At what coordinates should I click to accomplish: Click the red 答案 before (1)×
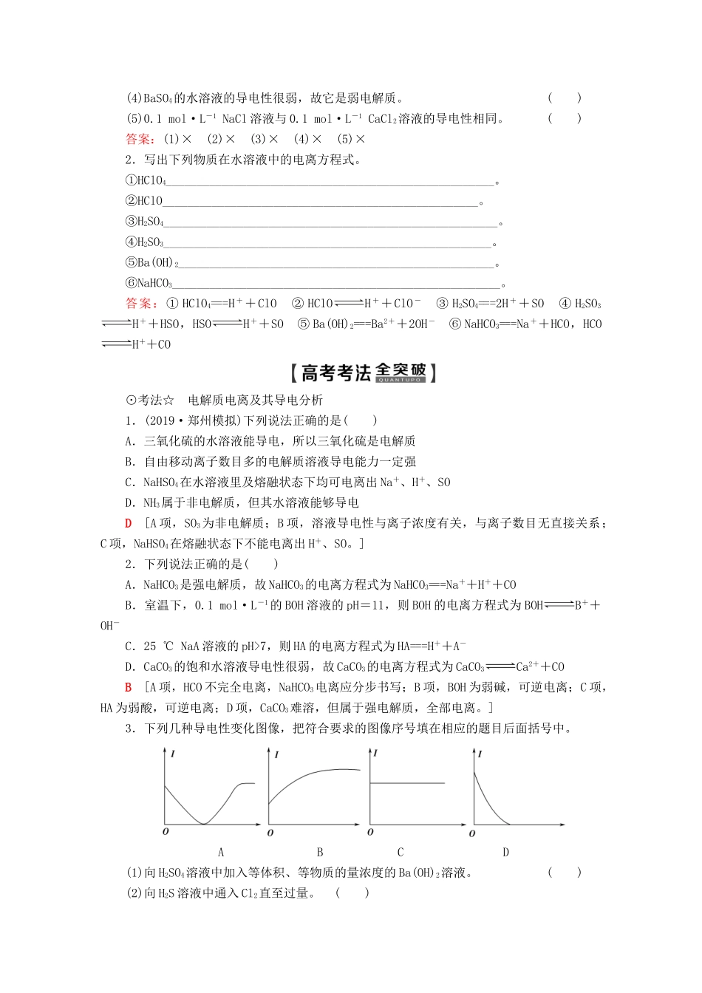pos(138,139)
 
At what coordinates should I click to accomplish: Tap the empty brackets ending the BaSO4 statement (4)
pos(565,98)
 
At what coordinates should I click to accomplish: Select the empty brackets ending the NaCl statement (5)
pos(565,118)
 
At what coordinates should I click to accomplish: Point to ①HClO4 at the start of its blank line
pos(146,180)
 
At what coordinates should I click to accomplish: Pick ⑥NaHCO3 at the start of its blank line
pos(149,283)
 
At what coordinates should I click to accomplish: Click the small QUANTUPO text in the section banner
pos(400,380)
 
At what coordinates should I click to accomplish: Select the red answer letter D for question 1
pos(129,523)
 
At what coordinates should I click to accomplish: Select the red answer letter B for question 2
pos(129,687)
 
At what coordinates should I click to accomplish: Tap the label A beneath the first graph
pos(221,852)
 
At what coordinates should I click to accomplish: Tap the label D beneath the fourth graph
pos(505,852)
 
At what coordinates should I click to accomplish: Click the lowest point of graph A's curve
pos(205,824)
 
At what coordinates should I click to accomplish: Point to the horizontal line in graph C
pos(406,782)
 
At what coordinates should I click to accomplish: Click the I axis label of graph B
pos(276,754)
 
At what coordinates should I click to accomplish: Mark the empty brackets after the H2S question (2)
pos(352,893)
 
